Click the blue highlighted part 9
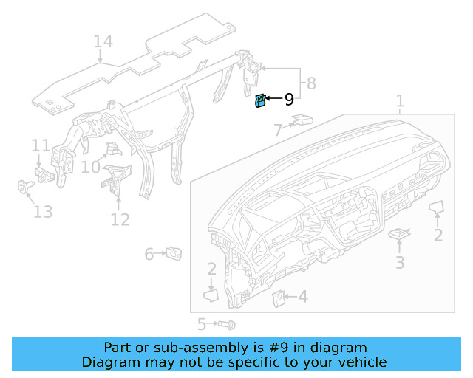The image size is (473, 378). (260, 102)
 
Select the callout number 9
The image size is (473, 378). (289, 99)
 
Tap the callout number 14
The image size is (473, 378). (103, 41)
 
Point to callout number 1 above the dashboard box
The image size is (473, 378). (400, 101)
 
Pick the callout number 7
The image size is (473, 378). (278, 131)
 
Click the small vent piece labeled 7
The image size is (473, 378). (302, 119)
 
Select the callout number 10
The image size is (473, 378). (90, 168)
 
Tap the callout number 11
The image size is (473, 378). (40, 145)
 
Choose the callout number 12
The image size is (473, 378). (120, 219)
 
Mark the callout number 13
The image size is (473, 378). (43, 213)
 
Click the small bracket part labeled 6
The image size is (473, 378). (175, 253)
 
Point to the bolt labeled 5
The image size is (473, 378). (225, 324)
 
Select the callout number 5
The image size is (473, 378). (201, 324)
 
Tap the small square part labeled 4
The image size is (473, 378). (280, 298)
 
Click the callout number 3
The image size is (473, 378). (399, 262)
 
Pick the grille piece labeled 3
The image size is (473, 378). (399, 234)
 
